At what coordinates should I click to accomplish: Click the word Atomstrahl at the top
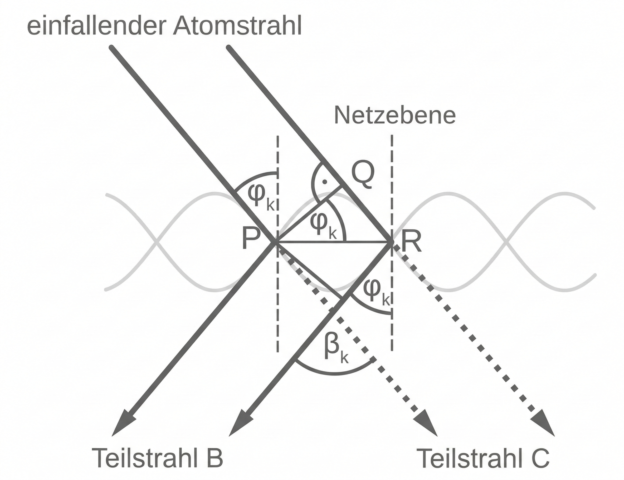click(237, 26)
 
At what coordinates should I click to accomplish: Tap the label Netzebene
click(395, 115)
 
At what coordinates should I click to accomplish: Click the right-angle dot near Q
click(324, 182)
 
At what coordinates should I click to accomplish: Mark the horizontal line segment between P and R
click(314, 242)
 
